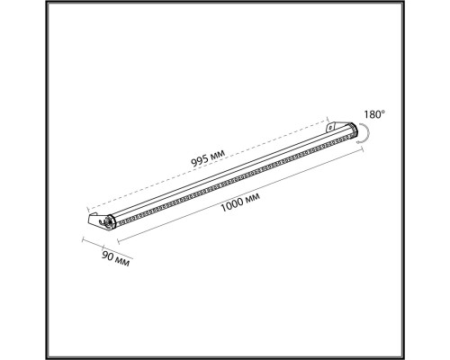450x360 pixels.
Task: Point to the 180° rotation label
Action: click(374, 114)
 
